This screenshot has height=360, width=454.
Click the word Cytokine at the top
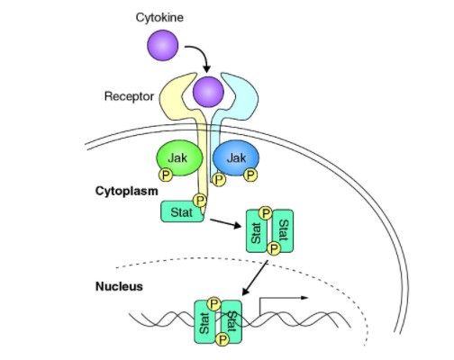[159, 18]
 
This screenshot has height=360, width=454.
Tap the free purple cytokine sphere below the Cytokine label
[163, 45]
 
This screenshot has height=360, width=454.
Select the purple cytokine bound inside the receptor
[208, 92]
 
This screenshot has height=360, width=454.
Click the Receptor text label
[129, 96]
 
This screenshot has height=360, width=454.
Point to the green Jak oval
[179, 157]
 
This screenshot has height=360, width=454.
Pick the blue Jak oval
[236, 157]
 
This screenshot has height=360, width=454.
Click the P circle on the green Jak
[166, 175]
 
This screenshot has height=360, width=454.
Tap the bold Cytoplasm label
[127, 191]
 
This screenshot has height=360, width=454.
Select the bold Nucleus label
[119, 286]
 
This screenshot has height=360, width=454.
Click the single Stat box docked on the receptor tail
[182, 211]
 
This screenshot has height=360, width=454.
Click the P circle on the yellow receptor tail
[200, 201]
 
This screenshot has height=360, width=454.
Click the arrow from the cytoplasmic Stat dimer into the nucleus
[255, 278]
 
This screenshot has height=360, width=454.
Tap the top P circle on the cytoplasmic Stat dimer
[266, 213]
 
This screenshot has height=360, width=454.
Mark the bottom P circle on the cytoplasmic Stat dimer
[273, 248]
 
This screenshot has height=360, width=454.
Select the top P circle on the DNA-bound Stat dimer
[213, 304]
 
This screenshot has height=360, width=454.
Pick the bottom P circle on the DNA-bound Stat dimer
[222, 340]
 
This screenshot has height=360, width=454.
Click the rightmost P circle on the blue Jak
[250, 175]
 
